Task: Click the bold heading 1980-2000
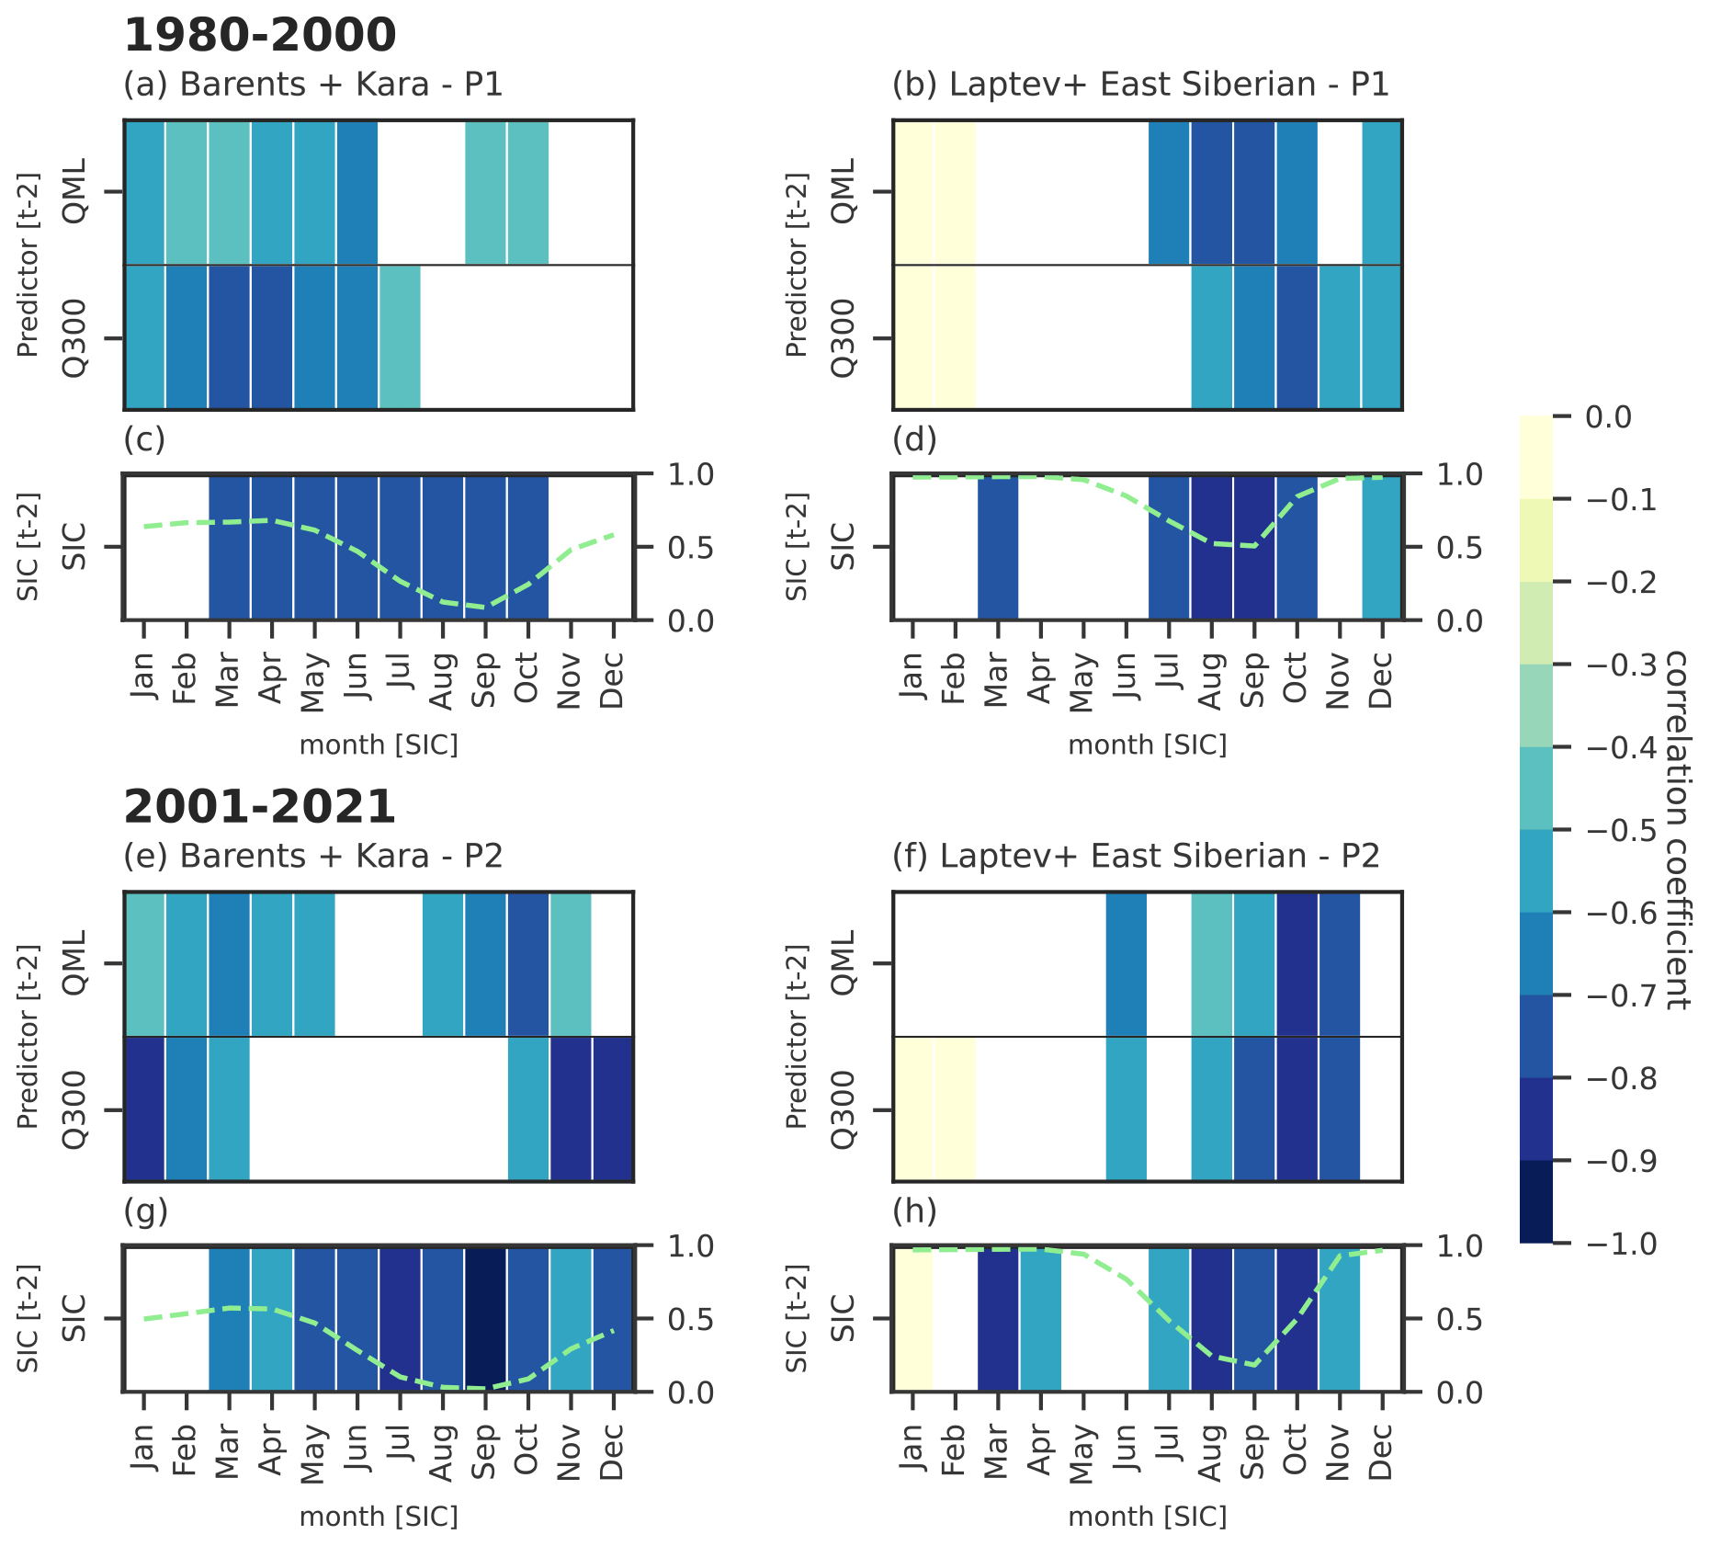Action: [x=260, y=36]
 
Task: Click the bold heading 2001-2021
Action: [x=260, y=807]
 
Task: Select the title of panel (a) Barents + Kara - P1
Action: [x=313, y=85]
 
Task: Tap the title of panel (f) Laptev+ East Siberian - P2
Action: [x=1136, y=856]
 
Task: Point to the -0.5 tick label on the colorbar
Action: [x=1622, y=830]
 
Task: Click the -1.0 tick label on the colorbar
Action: [x=1622, y=1244]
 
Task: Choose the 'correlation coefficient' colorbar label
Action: [x=1677, y=830]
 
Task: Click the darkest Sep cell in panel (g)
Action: [x=485, y=1319]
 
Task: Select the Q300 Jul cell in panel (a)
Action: [x=400, y=337]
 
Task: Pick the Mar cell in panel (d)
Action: [x=998, y=547]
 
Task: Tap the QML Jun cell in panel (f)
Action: [x=1127, y=963]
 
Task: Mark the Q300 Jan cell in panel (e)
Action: [x=144, y=1109]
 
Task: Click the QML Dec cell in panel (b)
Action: [x=1382, y=192]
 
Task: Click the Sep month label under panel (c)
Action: [x=485, y=680]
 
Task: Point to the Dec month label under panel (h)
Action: [x=1382, y=1452]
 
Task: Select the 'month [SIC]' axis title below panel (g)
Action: [x=379, y=1517]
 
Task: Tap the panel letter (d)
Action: [x=914, y=439]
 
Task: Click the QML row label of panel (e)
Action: [x=74, y=962]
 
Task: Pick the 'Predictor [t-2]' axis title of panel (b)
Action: [x=797, y=265]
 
